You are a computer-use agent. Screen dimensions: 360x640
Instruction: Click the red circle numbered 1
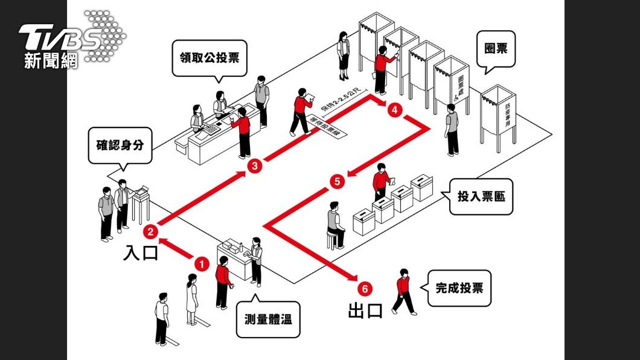click(201, 264)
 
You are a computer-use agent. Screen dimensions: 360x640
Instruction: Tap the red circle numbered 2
click(150, 231)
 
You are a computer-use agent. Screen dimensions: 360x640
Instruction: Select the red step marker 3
click(255, 166)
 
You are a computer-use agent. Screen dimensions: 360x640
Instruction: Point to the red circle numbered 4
click(394, 111)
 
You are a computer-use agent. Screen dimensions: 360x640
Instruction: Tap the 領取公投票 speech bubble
click(210, 58)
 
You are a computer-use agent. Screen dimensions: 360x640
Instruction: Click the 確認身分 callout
click(120, 146)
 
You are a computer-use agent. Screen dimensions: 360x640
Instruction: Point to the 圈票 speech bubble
click(496, 48)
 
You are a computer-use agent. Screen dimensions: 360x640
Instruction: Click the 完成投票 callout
click(459, 288)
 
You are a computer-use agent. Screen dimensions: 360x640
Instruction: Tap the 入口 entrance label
click(141, 252)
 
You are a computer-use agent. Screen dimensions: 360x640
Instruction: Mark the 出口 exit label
click(365, 310)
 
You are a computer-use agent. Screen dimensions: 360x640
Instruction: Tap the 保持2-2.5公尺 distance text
click(342, 100)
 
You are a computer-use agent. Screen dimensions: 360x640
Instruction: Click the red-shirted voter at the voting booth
click(382, 68)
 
